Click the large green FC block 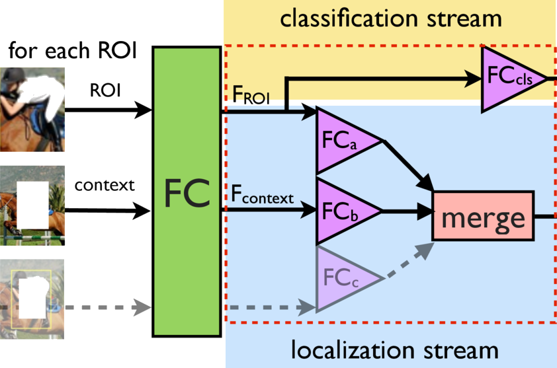click(x=188, y=192)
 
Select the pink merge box click(x=482, y=216)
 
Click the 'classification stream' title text click(x=390, y=18)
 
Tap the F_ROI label click(x=255, y=96)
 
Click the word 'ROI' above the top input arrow click(x=105, y=91)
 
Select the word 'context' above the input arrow click(x=104, y=185)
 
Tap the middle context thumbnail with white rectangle click(x=32, y=205)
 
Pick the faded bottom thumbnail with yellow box click(x=32, y=299)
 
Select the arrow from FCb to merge click(x=407, y=212)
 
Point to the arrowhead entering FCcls click(x=472, y=79)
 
